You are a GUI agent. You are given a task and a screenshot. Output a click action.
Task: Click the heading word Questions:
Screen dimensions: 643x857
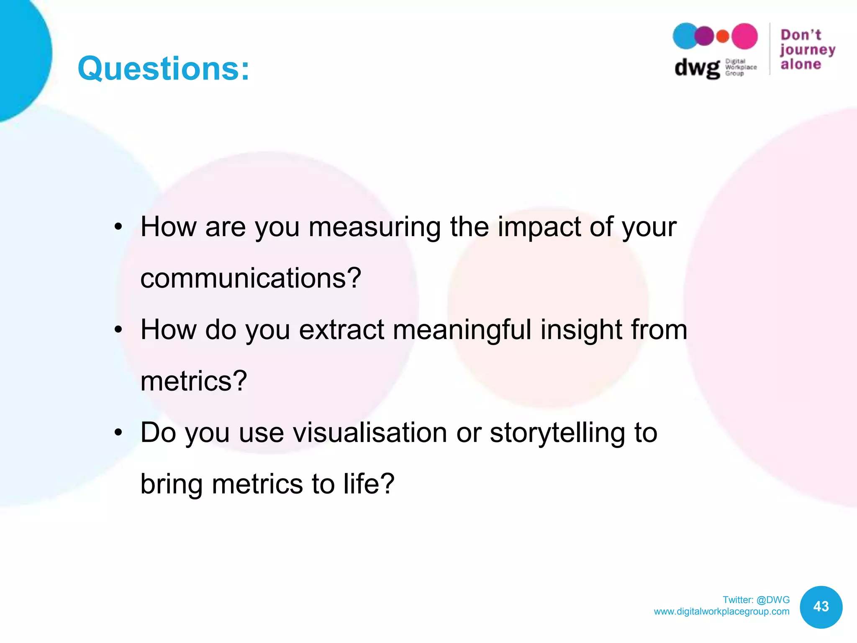pyautogui.click(x=163, y=69)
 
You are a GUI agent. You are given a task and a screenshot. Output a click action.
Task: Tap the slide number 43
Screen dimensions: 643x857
pyautogui.click(x=821, y=607)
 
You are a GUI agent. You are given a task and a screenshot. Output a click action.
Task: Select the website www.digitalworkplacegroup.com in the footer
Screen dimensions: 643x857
pyautogui.click(x=721, y=612)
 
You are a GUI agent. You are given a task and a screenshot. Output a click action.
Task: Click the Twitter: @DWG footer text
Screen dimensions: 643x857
pyautogui.click(x=756, y=600)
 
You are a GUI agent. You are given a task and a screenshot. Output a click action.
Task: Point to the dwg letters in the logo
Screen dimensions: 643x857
pyautogui.click(x=697, y=68)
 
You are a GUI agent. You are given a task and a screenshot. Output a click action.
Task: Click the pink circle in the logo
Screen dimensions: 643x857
pyautogui.click(x=744, y=36)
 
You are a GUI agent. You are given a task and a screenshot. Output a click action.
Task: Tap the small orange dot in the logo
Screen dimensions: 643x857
pyautogui.click(x=723, y=36)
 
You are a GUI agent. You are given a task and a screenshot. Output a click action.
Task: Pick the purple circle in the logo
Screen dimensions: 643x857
pyautogui.click(x=705, y=36)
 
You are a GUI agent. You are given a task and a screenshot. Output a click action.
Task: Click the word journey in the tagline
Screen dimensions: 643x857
pyautogui.click(x=808, y=50)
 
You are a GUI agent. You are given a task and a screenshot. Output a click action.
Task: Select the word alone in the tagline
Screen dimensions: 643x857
pyautogui.click(x=801, y=64)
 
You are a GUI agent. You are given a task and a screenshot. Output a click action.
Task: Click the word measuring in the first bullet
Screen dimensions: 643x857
pyautogui.click(x=375, y=227)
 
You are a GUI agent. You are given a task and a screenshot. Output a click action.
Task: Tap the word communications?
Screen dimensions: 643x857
pyautogui.click(x=251, y=278)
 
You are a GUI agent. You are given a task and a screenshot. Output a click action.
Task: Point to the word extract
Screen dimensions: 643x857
pyautogui.click(x=341, y=330)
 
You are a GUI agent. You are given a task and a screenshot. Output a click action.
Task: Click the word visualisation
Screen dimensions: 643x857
pyautogui.click(x=370, y=433)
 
